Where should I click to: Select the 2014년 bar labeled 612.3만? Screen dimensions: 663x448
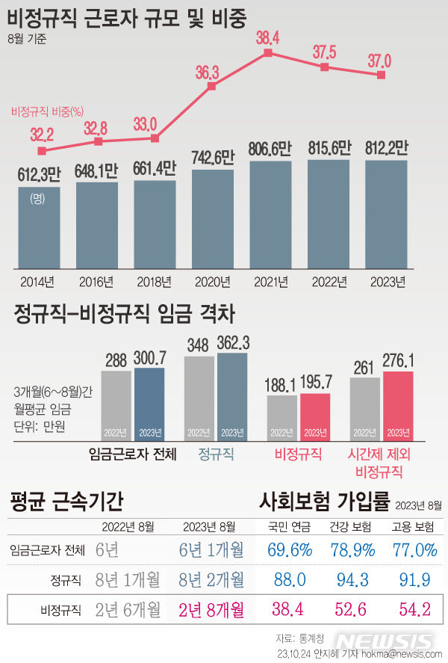coord(39,227)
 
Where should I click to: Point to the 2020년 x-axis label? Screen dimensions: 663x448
coord(211,282)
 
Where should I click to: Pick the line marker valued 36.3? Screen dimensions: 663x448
coord(211,87)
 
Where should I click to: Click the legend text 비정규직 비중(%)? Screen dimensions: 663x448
coord(47,112)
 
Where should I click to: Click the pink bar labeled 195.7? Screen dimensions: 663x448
coord(315,416)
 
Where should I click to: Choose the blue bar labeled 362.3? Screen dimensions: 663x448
coord(232,396)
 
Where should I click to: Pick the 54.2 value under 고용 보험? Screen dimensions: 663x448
coord(414,609)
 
